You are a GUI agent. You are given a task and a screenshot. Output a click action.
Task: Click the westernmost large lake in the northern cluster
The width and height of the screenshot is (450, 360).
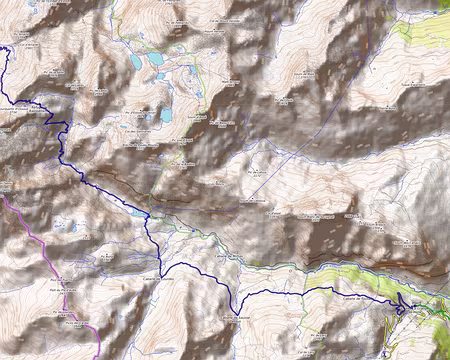click(x=135, y=61)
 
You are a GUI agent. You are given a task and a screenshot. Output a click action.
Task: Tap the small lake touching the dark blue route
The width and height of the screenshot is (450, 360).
click(x=138, y=212)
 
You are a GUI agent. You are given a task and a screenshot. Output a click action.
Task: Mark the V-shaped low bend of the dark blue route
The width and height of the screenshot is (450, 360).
click(x=236, y=310)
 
